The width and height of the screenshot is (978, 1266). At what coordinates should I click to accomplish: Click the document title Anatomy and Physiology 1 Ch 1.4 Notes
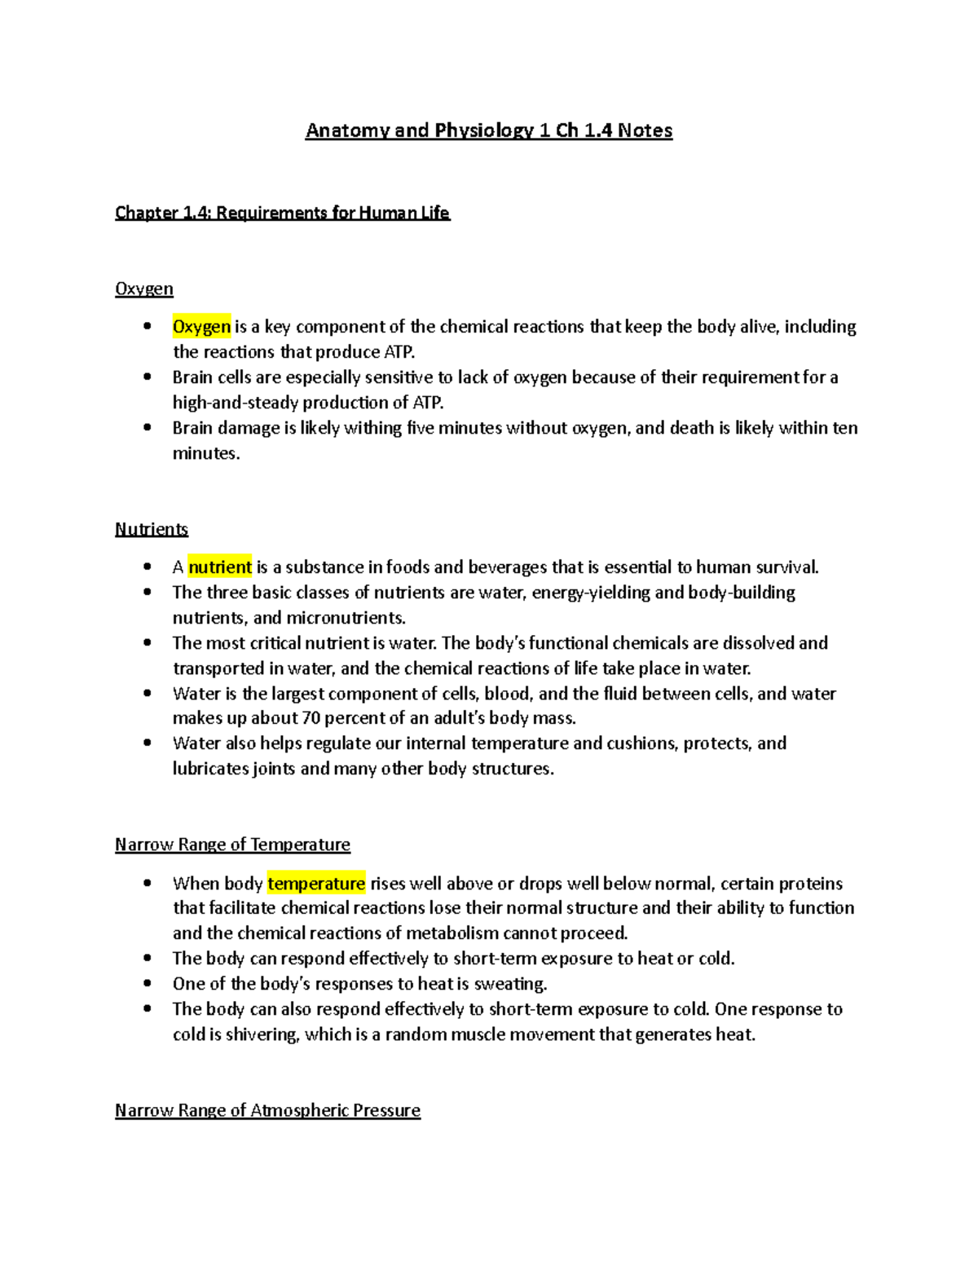(x=489, y=130)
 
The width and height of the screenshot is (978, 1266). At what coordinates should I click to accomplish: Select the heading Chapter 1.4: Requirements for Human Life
(x=282, y=213)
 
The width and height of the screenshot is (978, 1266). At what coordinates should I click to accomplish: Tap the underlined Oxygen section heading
(x=144, y=289)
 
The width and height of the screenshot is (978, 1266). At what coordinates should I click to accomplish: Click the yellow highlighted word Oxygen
(x=201, y=327)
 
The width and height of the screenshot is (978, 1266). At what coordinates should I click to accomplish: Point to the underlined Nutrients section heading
(x=152, y=529)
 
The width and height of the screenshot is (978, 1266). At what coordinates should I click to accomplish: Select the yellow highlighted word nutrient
(x=220, y=567)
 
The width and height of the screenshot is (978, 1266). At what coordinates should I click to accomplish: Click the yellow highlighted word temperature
(x=316, y=884)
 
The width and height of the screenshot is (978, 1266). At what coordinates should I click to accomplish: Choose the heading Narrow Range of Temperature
(x=232, y=845)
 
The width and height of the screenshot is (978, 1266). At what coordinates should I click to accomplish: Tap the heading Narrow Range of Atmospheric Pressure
(x=267, y=1110)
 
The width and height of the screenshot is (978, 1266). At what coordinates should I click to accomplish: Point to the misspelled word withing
(x=372, y=428)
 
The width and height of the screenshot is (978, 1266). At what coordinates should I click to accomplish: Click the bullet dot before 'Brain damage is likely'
(x=148, y=427)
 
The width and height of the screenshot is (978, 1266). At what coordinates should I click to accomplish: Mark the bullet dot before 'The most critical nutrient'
(x=148, y=642)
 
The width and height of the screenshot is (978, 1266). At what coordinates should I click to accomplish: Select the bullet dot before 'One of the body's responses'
(x=148, y=983)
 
